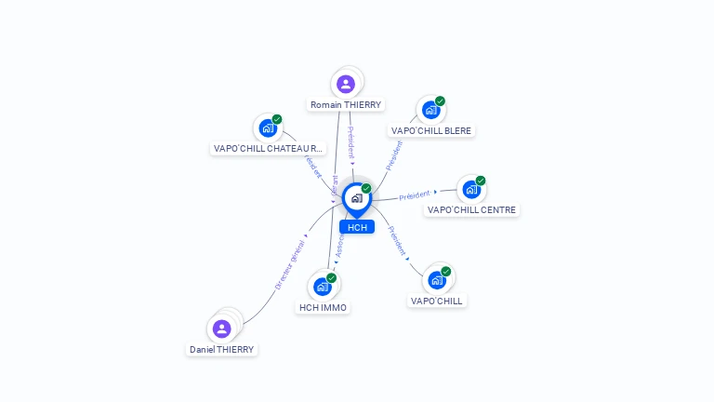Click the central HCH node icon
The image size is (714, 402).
tap(356, 197)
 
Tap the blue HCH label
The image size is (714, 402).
tap(357, 227)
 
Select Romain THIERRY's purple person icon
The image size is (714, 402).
tap(346, 84)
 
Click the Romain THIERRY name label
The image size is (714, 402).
tap(346, 105)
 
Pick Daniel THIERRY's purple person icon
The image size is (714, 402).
tap(221, 328)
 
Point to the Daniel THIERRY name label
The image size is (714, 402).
tap(221, 349)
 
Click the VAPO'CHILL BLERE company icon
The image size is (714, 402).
tap(430, 110)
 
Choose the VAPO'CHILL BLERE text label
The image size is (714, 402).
tap(431, 131)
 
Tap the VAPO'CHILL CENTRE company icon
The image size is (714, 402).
tap(471, 190)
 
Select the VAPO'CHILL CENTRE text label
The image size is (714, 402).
tap(471, 210)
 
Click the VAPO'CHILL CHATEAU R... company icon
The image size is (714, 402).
tap(268, 127)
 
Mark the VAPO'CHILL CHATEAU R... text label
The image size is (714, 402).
tap(268, 148)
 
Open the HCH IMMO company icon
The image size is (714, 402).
tap(323, 286)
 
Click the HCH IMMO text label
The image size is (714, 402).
tap(323, 307)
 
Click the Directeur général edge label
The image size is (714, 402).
tap(290, 265)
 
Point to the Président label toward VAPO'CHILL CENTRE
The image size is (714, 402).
tap(415, 194)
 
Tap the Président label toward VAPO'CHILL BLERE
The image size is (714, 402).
tap(394, 155)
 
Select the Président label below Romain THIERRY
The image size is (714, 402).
tap(351, 141)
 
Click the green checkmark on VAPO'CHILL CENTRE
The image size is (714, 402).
tap(481, 181)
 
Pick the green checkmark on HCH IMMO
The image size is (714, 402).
tap(332, 277)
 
